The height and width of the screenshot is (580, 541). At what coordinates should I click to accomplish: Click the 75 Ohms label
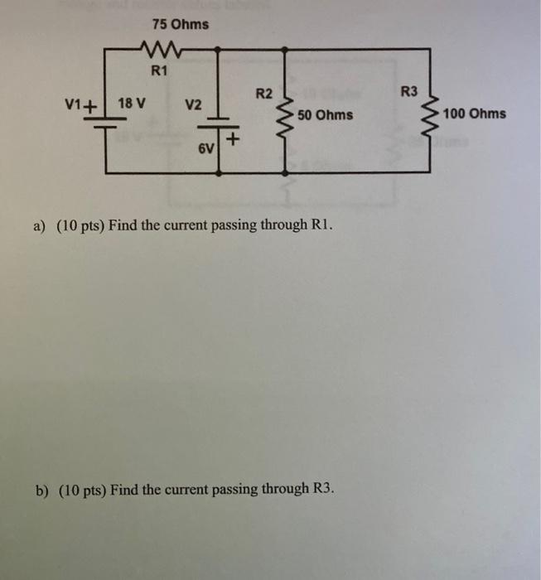point(181,24)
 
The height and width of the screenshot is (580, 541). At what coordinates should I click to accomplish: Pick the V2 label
point(193,105)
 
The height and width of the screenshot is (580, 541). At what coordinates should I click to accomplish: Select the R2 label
point(263,93)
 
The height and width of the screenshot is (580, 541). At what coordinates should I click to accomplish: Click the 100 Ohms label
point(475,114)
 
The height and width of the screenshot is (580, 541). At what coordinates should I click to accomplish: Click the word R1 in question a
point(322,225)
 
